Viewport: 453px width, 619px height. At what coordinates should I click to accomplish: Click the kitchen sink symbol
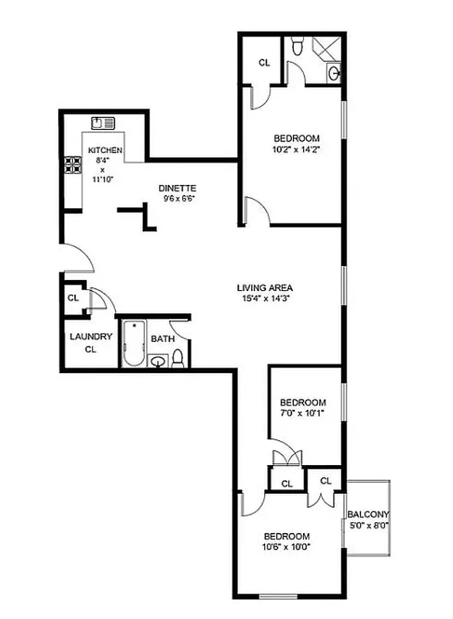(x=103, y=122)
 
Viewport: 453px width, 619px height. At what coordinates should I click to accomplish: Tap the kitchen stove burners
(x=73, y=165)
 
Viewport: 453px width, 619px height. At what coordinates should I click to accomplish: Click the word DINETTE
(x=177, y=188)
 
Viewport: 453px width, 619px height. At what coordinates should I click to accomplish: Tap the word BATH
(x=162, y=339)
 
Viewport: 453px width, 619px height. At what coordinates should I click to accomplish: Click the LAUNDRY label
(x=91, y=337)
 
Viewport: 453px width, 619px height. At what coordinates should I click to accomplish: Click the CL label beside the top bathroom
(x=264, y=63)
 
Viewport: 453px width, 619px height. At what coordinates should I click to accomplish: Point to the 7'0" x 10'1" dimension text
(x=302, y=412)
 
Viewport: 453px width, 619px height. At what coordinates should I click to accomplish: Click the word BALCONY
(x=368, y=515)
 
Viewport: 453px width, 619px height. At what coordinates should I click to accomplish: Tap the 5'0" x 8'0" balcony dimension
(x=368, y=525)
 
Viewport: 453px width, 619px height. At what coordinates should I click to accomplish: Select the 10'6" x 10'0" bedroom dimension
(x=287, y=547)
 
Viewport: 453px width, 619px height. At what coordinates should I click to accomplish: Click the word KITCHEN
(x=104, y=150)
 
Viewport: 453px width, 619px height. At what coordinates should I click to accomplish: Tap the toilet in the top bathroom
(x=298, y=49)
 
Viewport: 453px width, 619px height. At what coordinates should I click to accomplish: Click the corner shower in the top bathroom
(x=325, y=49)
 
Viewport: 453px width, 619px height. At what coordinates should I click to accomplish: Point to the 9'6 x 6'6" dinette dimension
(x=178, y=198)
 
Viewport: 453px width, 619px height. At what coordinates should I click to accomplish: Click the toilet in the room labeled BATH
(x=178, y=358)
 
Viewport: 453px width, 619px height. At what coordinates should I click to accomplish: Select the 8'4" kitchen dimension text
(x=102, y=160)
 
